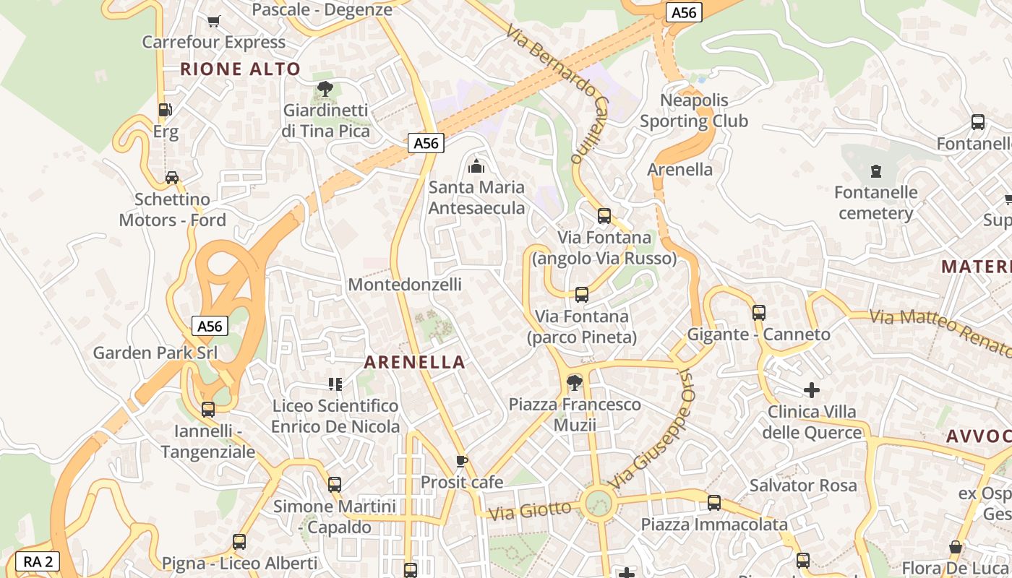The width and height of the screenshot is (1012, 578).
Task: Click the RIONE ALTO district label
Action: (240, 69)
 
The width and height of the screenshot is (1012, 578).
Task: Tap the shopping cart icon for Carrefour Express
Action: (213, 21)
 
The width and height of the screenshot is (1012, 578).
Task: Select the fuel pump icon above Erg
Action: (166, 110)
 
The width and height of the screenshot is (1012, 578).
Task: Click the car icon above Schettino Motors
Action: (172, 177)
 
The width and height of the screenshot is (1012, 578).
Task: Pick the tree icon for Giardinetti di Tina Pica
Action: (325, 89)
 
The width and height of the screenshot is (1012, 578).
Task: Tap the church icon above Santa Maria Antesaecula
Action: (476, 166)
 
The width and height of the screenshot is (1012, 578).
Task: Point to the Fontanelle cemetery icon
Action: (876, 171)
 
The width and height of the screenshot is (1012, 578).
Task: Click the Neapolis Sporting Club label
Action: (694, 111)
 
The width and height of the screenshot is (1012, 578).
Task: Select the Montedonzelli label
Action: (405, 285)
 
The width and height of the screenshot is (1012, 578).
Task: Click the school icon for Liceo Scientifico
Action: (335, 384)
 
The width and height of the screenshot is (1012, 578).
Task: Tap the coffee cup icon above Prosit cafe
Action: (462, 460)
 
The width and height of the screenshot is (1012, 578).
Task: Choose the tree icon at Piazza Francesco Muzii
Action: (575, 382)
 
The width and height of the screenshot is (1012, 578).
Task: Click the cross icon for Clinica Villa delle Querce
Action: (812, 390)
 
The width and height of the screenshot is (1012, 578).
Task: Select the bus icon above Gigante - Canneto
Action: (759, 313)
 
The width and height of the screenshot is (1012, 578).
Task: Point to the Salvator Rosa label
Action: (803, 486)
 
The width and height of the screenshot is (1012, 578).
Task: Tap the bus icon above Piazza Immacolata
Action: (714, 502)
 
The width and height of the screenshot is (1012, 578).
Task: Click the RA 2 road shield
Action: (38, 561)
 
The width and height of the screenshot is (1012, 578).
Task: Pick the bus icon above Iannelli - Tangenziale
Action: (208, 410)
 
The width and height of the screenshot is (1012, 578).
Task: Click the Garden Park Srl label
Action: (155, 353)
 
